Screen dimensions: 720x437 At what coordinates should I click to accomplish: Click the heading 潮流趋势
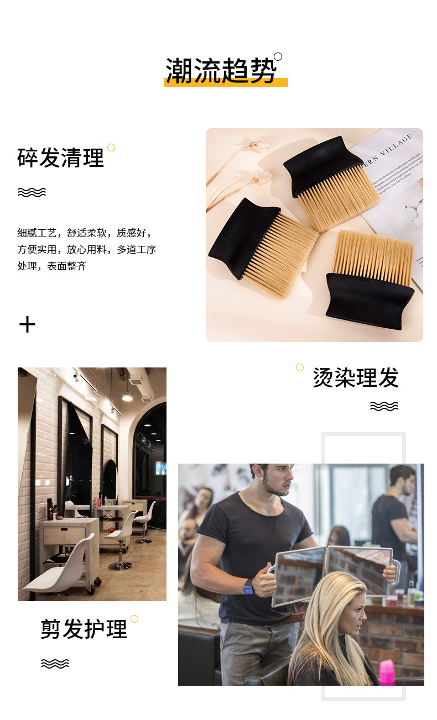click(221, 70)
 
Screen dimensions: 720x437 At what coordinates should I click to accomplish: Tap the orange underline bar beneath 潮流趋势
click(226, 83)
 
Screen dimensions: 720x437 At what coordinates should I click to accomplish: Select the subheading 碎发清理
click(60, 158)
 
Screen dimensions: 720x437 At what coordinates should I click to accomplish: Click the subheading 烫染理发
click(356, 378)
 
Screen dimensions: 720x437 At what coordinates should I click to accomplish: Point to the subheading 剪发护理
click(84, 629)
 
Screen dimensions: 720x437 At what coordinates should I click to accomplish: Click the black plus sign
click(27, 324)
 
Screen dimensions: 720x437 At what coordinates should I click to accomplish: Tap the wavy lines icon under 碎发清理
click(32, 192)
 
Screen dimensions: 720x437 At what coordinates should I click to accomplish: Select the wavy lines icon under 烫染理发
click(384, 406)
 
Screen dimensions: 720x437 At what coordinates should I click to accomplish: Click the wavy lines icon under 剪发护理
click(55, 663)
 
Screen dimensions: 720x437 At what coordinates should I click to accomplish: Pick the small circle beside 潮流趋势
click(278, 56)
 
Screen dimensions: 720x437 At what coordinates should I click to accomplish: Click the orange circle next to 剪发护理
click(134, 619)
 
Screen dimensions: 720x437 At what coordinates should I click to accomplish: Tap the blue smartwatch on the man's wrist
click(249, 587)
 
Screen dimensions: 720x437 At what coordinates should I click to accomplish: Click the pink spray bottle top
click(387, 672)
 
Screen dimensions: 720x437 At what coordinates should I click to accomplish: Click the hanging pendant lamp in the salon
click(127, 396)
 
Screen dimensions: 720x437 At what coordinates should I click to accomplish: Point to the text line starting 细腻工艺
click(84, 233)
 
